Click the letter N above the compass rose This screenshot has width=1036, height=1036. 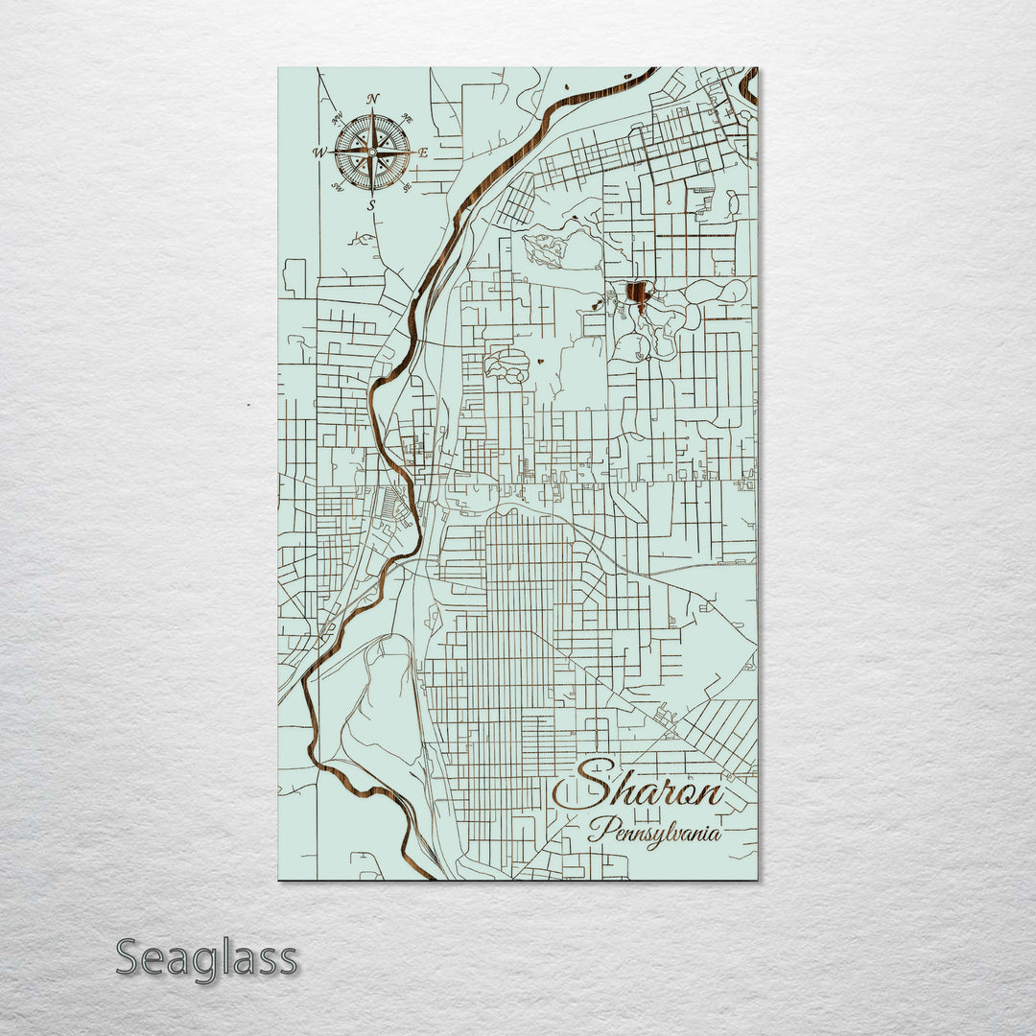coord(372,99)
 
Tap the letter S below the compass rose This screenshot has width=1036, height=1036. coord(372,204)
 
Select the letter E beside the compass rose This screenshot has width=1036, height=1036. coord(423,152)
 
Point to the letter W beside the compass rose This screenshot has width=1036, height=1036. coord(318,152)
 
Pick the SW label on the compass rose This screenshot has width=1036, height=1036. coord(338,186)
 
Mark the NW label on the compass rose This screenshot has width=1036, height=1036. coord(338,119)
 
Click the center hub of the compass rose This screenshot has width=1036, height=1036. coord(372,152)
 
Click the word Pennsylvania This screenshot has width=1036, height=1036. coord(655,831)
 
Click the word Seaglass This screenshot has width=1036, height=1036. coord(206,958)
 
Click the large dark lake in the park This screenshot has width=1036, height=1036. coord(636,292)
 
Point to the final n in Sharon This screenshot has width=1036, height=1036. coord(708,794)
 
